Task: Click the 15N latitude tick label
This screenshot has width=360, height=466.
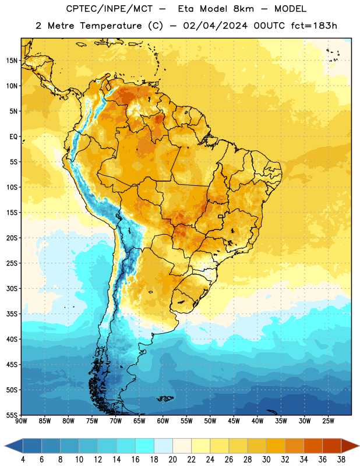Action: tap(12, 61)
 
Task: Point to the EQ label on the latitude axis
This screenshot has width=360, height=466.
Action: tap(13, 137)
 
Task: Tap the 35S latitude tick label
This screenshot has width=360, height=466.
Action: tap(12, 314)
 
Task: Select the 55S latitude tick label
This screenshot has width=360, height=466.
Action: tap(12, 415)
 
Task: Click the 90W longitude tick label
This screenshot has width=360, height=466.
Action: tap(21, 421)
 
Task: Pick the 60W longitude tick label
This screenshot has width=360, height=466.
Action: tap(163, 421)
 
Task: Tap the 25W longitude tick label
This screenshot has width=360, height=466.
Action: tap(328, 421)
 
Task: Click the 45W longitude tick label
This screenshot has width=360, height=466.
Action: tap(234, 421)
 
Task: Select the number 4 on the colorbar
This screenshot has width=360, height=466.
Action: tap(23, 460)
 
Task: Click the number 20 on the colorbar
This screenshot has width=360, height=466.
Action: tap(172, 460)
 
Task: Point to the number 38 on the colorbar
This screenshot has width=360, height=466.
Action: tap(341, 460)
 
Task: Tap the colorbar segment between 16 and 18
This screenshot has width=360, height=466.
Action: tap(145, 446)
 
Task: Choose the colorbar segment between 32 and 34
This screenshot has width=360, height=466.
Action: tap(295, 446)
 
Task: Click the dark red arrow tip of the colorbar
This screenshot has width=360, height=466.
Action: tap(359, 446)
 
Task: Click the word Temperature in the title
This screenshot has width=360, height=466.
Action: tap(111, 26)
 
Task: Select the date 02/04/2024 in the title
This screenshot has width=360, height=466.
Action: tap(216, 26)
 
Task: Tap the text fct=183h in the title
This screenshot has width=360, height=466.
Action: tap(314, 26)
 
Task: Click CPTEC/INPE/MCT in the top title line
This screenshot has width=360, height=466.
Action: tap(109, 9)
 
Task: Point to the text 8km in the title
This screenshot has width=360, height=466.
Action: tap(243, 9)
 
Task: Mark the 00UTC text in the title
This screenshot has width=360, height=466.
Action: tap(269, 26)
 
